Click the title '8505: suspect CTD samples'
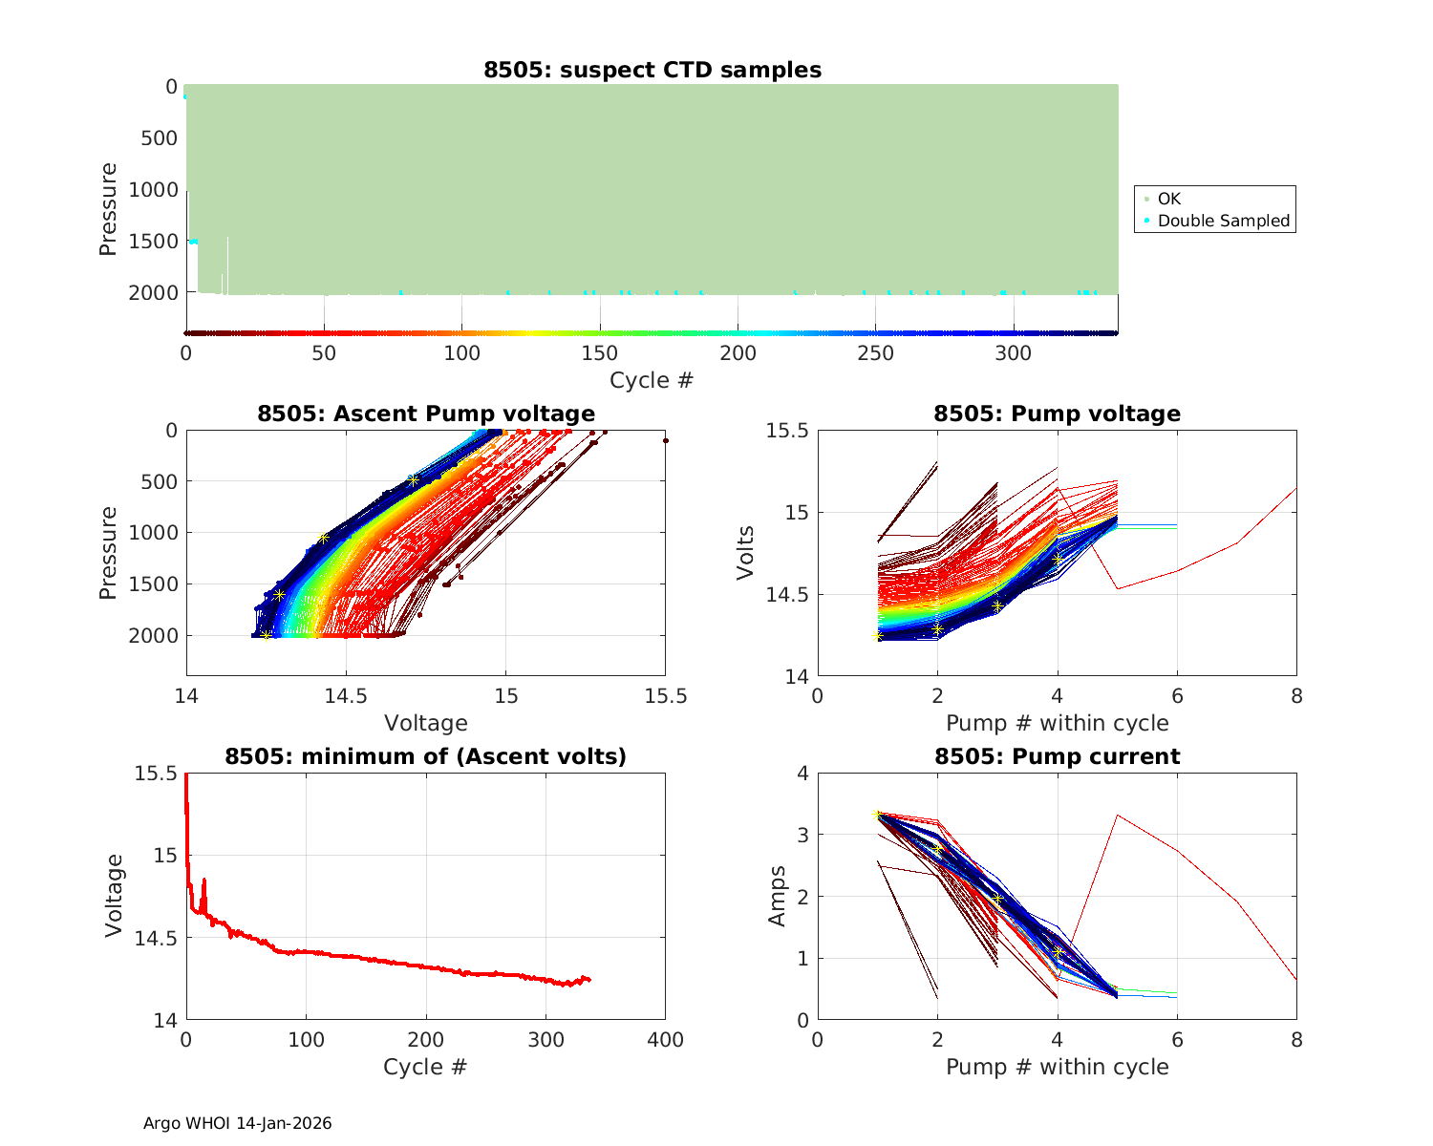click(x=652, y=70)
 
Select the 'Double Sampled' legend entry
click(x=1223, y=221)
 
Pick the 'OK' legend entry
click(x=1168, y=199)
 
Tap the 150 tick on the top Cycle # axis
click(x=600, y=353)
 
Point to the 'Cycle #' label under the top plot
click(x=652, y=380)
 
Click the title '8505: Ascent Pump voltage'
click(x=426, y=414)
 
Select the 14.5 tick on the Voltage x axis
click(x=346, y=695)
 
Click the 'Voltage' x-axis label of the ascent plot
click(x=426, y=723)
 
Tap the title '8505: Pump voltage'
click(x=1057, y=414)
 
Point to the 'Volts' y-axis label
click(x=746, y=553)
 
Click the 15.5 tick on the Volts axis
click(x=787, y=431)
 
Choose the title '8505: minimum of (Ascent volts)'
click(x=426, y=756)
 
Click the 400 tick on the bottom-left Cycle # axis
click(x=665, y=1039)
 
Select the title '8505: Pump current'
click(x=1057, y=756)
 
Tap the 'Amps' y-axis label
click(x=778, y=896)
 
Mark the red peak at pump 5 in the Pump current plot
click(x=1117, y=815)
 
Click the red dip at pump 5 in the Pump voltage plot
click(x=1117, y=588)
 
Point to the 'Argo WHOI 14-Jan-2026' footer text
click(x=238, y=1123)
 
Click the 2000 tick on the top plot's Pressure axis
click(x=152, y=293)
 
